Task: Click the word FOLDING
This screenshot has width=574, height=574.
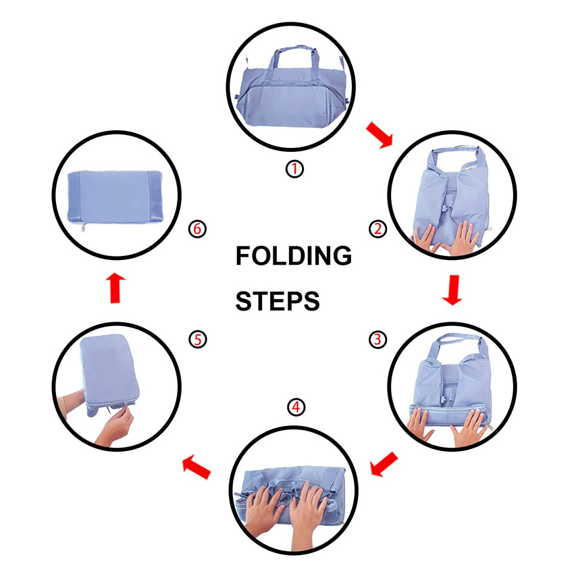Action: (294, 255)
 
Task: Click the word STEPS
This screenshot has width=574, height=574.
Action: (278, 301)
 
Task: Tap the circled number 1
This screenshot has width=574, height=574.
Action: (294, 169)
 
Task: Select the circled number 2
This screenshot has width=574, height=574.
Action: (377, 229)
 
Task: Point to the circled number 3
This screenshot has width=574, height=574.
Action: (377, 340)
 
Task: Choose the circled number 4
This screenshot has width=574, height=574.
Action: (296, 407)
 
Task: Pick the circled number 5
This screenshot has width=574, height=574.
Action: (198, 340)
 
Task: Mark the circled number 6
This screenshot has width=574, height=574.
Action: (197, 229)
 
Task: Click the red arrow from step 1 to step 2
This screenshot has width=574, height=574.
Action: (380, 135)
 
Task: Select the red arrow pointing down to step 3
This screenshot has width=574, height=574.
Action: (452, 290)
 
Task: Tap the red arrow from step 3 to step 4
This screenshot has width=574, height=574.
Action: (384, 464)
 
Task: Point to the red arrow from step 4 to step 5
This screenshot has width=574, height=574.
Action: (197, 467)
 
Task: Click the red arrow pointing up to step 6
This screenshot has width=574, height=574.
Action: (115, 288)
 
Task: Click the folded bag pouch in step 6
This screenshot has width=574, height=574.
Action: (115, 198)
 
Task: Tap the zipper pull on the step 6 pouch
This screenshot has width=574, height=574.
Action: (83, 228)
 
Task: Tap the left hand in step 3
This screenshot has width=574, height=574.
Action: (420, 424)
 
